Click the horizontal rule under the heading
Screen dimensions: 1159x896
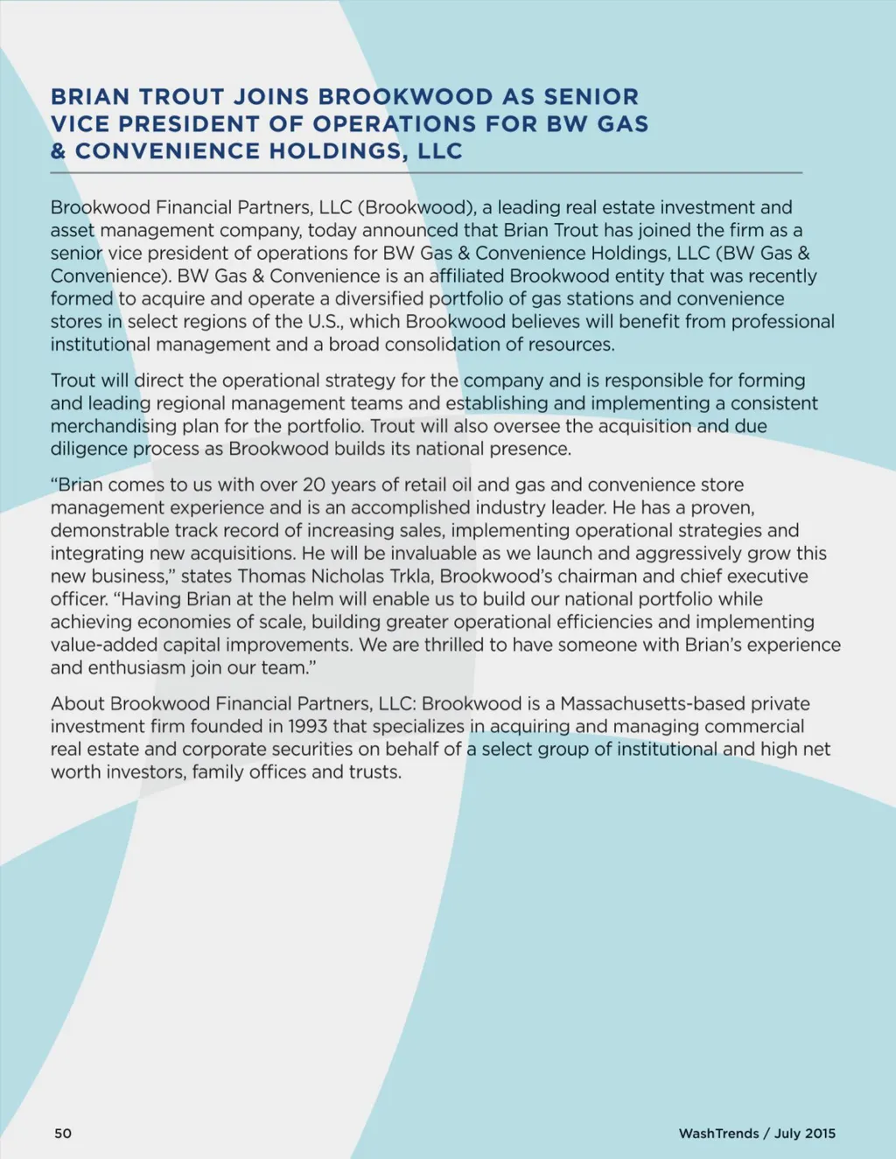[x=426, y=173]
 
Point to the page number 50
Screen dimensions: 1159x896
[x=63, y=1134]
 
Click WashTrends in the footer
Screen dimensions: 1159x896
[x=718, y=1134]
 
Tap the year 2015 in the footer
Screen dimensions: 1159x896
[x=820, y=1134]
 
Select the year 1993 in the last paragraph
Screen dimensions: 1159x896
[x=310, y=727]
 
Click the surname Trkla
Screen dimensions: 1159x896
[x=410, y=576]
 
